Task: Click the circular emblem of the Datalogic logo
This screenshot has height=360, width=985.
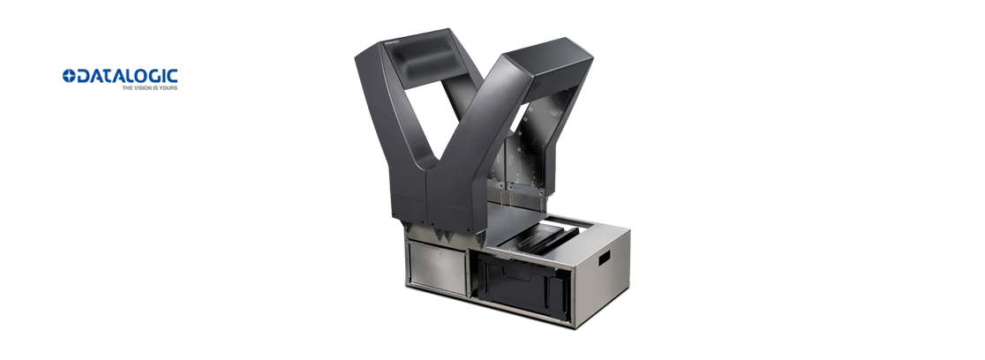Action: (x=69, y=76)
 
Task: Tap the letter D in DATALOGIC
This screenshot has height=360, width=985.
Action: (x=83, y=76)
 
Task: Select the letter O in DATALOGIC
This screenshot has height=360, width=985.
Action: (x=139, y=76)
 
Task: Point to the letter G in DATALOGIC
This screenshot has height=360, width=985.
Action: (x=154, y=76)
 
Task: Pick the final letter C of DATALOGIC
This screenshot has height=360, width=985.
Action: (x=172, y=76)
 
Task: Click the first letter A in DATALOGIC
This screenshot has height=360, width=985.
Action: (x=96, y=76)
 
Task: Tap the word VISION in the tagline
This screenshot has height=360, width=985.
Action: (x=142, y=88)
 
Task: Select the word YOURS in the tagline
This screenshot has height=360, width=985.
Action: (x=169, y=88)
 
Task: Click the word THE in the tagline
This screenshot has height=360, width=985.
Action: (x=127, y=88)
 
